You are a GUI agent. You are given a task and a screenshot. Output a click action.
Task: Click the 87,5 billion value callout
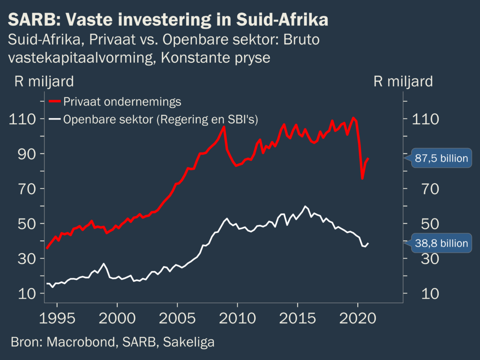(441, 158)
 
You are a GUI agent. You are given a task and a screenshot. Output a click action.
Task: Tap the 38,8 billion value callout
(441, 243)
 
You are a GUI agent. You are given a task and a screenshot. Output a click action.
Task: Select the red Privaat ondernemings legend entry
(115, 102)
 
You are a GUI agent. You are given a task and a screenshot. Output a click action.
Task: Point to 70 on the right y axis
(422, 189)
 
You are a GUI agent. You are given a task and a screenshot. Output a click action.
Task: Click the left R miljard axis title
(44, 82)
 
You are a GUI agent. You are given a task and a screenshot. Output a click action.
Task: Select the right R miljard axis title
(403, 82)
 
